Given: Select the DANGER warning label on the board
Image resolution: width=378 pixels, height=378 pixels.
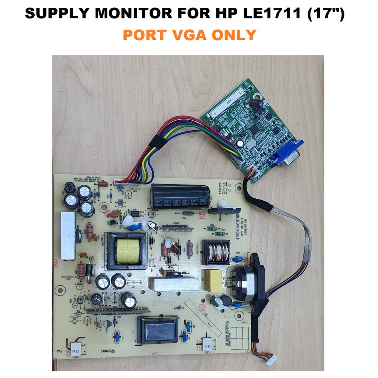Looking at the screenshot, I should point(108,351).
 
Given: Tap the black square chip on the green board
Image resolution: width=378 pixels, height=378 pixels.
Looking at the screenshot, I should point(255,129).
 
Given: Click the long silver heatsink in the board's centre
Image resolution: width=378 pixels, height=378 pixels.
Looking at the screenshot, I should point(173,284).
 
